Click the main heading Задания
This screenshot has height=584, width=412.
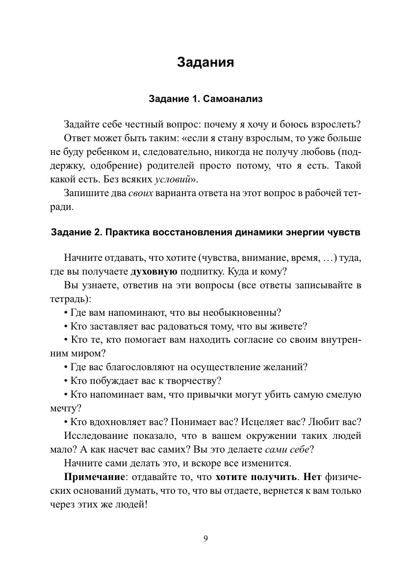pos(206,63)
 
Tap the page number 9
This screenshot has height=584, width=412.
pos(206,539)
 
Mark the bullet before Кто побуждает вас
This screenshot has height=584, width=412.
pos(66,381)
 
